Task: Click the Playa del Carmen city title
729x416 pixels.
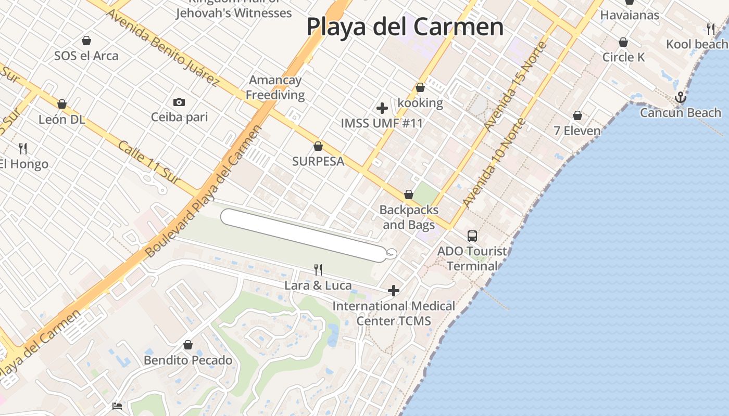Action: click(405, 27)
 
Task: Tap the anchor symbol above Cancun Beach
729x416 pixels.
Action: click(680, 97)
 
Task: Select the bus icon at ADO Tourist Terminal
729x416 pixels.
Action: click(472, 236)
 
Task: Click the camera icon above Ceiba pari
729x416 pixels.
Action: click(179, 102)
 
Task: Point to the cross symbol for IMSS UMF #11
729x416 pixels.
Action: click(382, 108)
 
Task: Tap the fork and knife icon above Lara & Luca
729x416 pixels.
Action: click(318, 269)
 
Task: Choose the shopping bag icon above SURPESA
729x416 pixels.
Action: click(318, 146)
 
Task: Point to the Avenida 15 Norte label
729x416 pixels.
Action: click(515, 86)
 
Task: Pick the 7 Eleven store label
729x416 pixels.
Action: click(577, 131)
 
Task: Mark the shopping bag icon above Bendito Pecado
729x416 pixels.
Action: click(188, 345)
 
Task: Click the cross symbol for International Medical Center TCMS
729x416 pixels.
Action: click(394, 290)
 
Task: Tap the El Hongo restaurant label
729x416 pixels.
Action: click(24, 164)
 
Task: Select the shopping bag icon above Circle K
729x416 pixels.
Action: click(623, 42)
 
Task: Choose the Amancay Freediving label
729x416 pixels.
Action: click(275, 87)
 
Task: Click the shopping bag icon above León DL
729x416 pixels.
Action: click(61, 104)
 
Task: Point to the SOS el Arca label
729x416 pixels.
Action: click(86, 56)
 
